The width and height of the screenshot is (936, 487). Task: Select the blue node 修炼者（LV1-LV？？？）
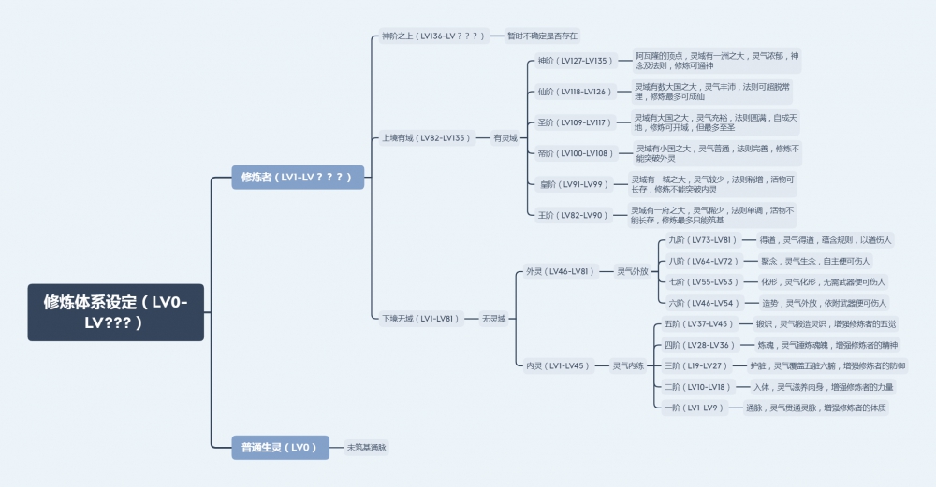[297, 177]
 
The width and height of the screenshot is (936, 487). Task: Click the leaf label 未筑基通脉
[367, 448]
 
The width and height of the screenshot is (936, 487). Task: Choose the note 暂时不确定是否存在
[543, 36]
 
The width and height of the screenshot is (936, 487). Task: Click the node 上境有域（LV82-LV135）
[424, 137]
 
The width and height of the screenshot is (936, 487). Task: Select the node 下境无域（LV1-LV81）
[421, 319]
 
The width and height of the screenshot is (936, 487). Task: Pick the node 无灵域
[494, 319]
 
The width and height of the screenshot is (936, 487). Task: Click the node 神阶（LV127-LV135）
[576, 61]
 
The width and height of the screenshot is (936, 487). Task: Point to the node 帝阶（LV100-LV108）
[575, 153]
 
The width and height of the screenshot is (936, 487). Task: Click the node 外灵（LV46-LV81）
[560, 271]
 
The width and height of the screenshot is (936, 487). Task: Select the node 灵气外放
[633, 271]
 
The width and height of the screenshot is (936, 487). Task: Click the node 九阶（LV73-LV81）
[700, 240]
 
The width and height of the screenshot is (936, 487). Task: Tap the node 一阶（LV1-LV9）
[691, 408]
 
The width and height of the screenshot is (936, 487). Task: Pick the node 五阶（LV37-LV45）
[696, 323]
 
